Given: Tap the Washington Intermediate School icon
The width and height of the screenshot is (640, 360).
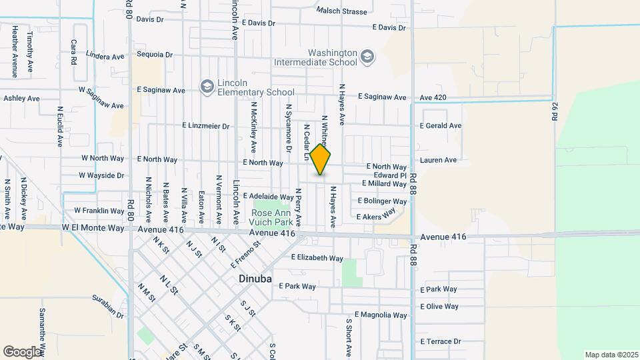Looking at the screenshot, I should tap(367, 57).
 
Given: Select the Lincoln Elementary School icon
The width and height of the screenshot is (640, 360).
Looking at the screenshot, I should tap(207, 87).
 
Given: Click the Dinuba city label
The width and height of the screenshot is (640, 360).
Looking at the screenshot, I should tap(255, 279).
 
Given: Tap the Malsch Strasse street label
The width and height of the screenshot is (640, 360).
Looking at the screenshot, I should tap(342, 11).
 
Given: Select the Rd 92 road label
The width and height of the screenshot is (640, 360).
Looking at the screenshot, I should tap(555, 110).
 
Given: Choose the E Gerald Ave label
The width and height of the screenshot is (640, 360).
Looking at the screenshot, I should tap(441, 125).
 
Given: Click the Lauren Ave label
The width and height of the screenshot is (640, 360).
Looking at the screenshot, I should tap(438, 160).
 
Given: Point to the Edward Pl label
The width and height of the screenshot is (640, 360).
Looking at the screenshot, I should tap(390, 175).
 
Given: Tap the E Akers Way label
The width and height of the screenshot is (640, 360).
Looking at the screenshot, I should tap(381, 217).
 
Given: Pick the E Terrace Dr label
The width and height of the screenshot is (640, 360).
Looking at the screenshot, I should tap(440, 341).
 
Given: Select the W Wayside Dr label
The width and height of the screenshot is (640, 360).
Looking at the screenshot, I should tap(101, 175).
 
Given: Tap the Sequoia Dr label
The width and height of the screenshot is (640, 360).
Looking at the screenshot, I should tap(155, 55).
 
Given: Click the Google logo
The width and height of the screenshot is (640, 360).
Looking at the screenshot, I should tap(22, 351).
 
